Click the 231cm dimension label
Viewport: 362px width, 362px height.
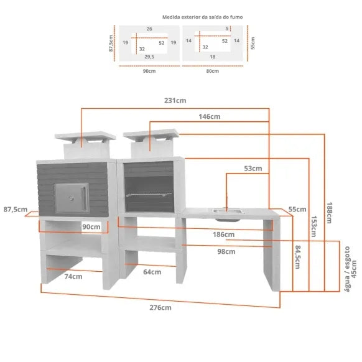(x=175, y=100)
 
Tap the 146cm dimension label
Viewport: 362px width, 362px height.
(x=210, y=116)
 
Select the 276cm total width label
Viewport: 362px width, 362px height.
(x=160, y=307)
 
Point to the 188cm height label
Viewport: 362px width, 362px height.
(x=329, y=213)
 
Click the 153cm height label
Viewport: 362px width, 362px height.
(x=313, y=226)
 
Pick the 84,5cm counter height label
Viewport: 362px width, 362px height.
(x=298, y=257)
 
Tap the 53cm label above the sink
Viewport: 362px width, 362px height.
(x=253, y=169)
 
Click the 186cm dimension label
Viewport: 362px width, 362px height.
(x=223, y=234)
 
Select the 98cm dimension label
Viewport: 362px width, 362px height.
(x=226, y=251)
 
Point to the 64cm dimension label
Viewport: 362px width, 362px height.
(x=152, y=272)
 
